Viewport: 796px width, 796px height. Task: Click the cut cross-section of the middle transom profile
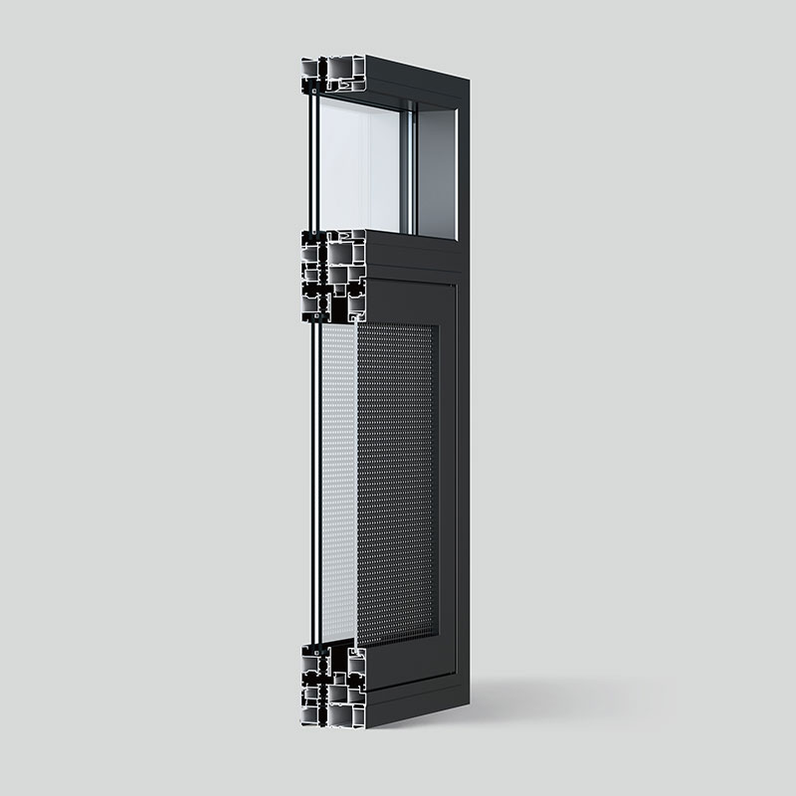point(331,274)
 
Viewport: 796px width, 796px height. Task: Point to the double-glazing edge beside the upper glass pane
point(312,159)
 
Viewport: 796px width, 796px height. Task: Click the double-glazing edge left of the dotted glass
point(317,478)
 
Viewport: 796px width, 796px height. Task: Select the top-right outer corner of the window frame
point(470,83)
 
